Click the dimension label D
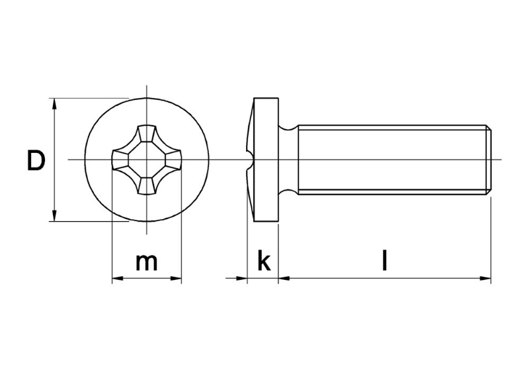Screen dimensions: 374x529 tap(36, 161)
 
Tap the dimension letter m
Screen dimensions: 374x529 tap(146, 262)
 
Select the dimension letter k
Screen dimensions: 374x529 tap(263, 261)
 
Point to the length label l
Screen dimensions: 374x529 tap(384, 261)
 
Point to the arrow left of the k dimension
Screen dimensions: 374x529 tap(241, 279)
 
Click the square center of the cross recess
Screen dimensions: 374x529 tap(147, 160)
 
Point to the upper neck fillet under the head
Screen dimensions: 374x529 tap(288, 126)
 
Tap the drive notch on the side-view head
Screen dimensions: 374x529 tap(250, 160)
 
